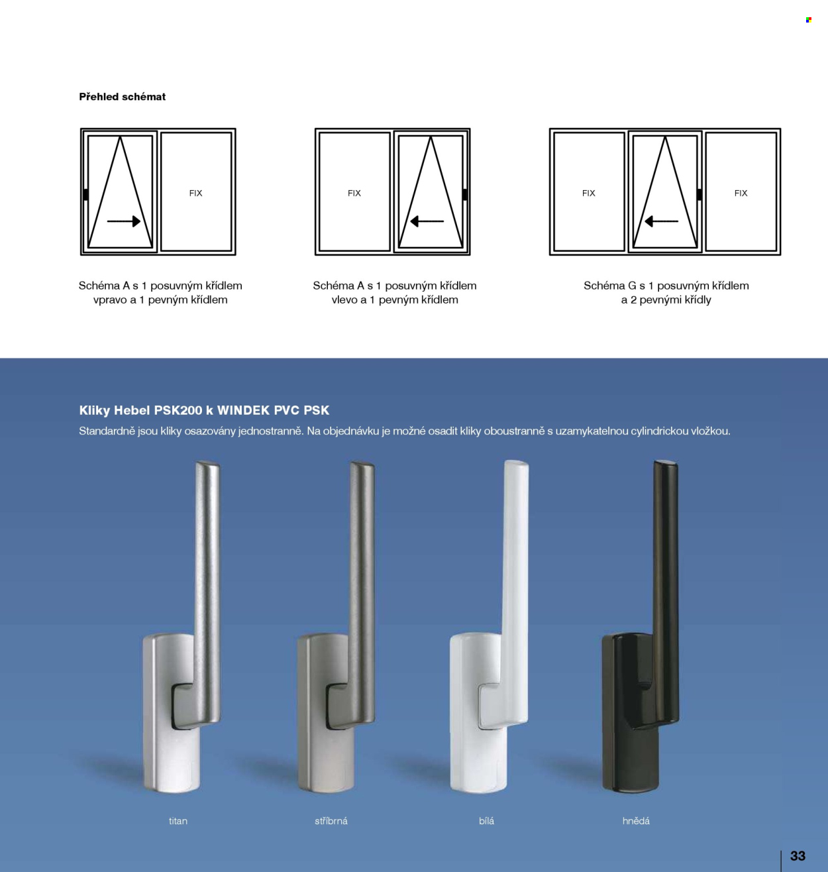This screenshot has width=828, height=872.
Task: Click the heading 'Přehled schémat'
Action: click(x=123, y=97)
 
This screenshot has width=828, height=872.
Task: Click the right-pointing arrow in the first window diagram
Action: click(x=124, y=221)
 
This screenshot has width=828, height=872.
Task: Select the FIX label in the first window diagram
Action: click(x=195, y=193)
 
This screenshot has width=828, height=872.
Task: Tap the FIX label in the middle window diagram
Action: click(x=354, y=193)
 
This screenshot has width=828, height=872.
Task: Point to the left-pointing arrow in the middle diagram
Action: click(x=427, y=221)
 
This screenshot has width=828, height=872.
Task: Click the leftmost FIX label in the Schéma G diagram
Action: click(x=588, y=193)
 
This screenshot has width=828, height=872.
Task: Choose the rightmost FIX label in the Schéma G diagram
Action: click(x=741, y=193)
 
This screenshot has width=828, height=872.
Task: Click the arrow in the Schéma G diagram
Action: click(x=661, y=221)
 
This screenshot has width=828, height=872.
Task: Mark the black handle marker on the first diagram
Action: click(x=85, y=194)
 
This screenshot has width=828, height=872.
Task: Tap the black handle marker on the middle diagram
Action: click(x=464, y=194)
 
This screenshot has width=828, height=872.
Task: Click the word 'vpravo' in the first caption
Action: click(x=109, y=300)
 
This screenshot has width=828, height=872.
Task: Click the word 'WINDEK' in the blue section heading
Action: click(x=244, y=410)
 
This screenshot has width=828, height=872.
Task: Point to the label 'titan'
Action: click(x=178, y=821)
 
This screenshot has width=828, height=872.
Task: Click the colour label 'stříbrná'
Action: click(x=331, y=821)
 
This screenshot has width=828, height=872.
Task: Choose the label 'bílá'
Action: click(x=486, y=821)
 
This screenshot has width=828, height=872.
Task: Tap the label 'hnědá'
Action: click(x=636, y=821)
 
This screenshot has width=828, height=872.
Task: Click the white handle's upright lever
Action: click(x=515, y=576)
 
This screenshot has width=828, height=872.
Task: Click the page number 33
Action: click(x=798, y=855)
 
